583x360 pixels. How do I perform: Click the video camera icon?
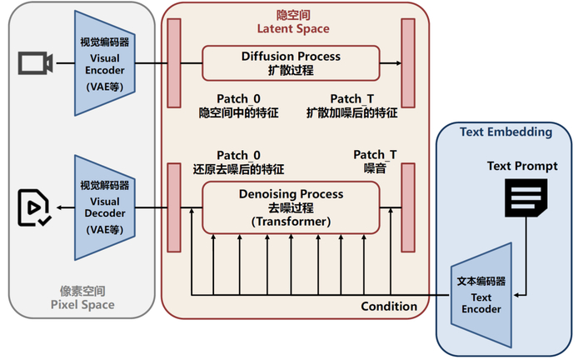36,62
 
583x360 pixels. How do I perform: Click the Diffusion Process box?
291,63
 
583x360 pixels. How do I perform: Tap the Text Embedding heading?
506,132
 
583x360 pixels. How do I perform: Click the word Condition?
389,307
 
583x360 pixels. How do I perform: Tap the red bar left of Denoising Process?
174,207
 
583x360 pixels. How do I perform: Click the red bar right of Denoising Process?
408,207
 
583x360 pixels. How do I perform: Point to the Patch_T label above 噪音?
375,155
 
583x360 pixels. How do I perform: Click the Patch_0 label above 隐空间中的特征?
238,98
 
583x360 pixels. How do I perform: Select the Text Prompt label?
522,167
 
